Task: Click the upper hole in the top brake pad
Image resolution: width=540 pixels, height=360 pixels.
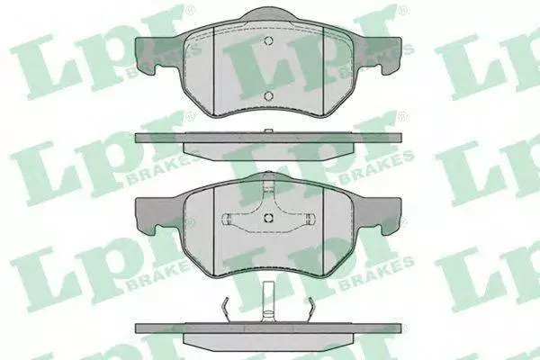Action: [x=268, y=40]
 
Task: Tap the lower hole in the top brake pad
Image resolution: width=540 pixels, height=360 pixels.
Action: [x=268, y=96]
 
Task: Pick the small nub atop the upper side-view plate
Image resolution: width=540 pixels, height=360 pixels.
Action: [x=268, y=131]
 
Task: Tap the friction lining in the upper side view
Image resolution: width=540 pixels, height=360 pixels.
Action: [x=268, y=151]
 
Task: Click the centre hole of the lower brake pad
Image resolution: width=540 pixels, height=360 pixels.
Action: [x=268, y=218]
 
